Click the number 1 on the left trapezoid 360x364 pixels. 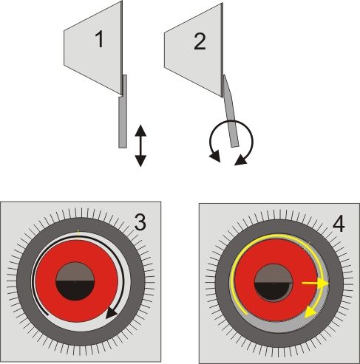click(x=99, y=40)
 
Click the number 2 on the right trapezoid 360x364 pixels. click(x=200, y=41)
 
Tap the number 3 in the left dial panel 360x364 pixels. click(x=140, y=222)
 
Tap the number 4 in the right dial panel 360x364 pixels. click(x=339, y=224)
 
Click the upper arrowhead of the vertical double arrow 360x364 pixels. click(x=140, y=131)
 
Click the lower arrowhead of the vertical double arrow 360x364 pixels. click(x=140, y=161)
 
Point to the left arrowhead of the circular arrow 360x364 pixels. click(x=214, y=157)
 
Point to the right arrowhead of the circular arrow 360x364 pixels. click(x=241, y=160)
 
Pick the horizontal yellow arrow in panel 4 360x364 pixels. click(x=316, y=284)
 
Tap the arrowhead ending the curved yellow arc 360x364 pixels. click(x=310, y=313)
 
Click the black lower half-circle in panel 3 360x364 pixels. click(x=75, y=290)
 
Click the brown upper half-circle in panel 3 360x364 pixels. click(x=75, y=272)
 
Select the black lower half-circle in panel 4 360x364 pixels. click(x=274, y=292)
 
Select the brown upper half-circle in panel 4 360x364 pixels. click(x=274, y=273)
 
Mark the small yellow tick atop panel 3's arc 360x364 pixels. click(x=78, y=232)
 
